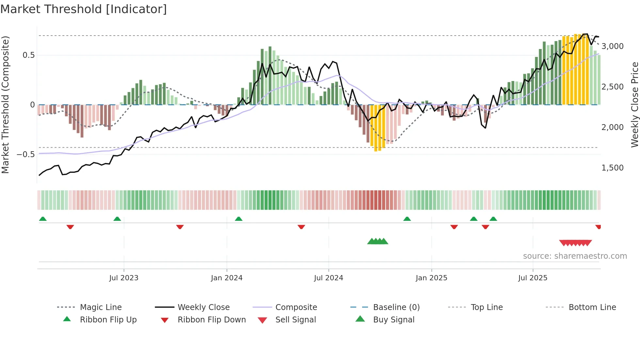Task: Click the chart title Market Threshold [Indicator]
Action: pos(84,9)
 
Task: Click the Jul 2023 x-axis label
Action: pos(124,278)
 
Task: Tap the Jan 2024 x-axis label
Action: pos(227,278)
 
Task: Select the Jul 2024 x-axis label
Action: pos(328,278)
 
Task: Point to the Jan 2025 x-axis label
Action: pos(431,278)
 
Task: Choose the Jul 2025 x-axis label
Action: pos(533,278)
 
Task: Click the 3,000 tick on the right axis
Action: pos(612,46)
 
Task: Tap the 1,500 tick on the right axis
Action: pos(612,168)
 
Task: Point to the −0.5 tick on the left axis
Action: pos(26,154)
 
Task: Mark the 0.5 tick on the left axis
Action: pos(28,55)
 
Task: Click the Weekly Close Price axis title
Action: pos(634,105)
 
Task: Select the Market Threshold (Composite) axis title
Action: pos(5,105)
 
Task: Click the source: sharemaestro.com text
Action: pos(575,256)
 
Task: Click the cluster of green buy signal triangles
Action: pos(377,241)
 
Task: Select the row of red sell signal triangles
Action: pos(575,243)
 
